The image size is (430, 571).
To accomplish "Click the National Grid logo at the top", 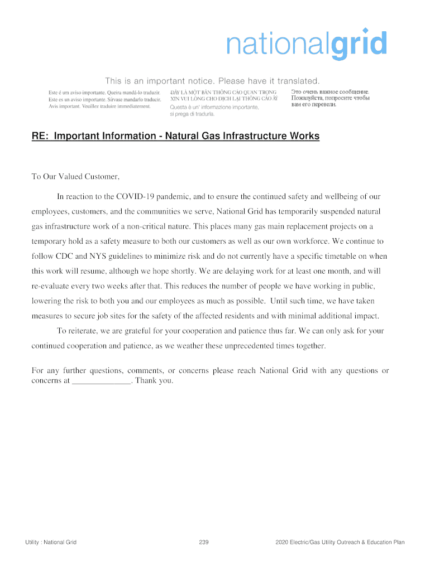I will pos(306,44).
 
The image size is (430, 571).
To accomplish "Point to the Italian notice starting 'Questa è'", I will pos(214,110).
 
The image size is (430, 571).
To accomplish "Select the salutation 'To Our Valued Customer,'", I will pos(75,177).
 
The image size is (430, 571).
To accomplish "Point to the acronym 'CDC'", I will pos(63,257).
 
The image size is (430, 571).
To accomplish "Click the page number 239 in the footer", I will pos(203,542).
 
